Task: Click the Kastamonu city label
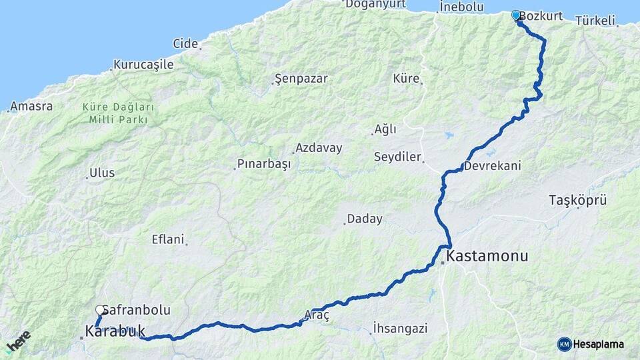487,256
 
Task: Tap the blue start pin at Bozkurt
516,15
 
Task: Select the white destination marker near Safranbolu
100,311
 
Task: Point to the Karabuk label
115,330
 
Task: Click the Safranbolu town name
137,310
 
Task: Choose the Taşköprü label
577,200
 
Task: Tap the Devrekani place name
493,165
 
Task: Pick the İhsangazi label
400,328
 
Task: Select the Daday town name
364,219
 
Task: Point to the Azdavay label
318,148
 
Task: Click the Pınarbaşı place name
264,164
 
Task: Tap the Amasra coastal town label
31,106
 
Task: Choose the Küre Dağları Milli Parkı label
119,113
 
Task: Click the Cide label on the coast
185,44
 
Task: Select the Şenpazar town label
301,79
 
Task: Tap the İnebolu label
461,7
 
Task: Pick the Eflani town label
167,239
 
